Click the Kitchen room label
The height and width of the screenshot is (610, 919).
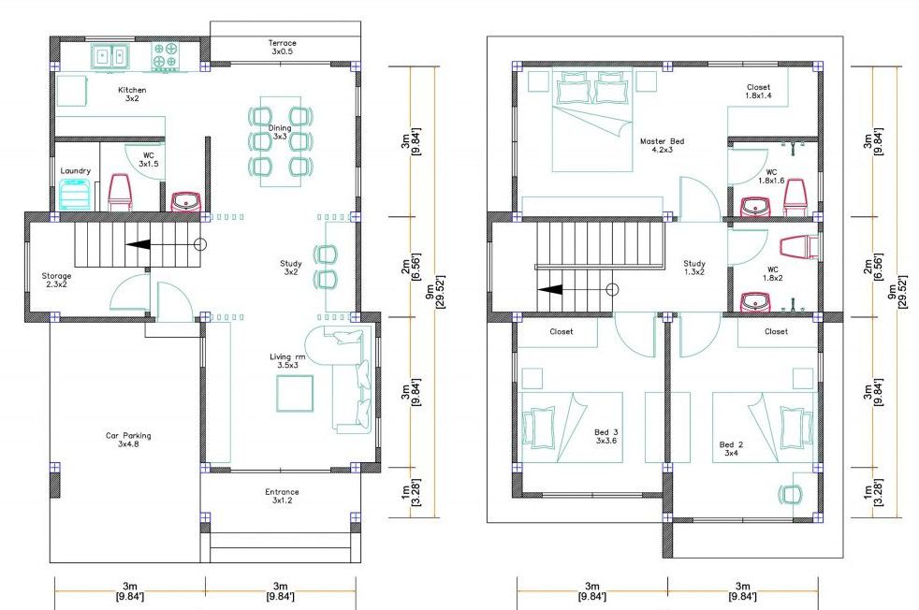[x=132, y=94]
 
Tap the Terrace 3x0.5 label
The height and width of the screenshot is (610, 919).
[x=282, y=47]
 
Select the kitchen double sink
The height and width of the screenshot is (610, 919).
[x=109, y=57]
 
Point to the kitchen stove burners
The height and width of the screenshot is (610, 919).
[x=165, y=56]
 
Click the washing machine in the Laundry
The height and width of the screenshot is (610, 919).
[x=75, y=195]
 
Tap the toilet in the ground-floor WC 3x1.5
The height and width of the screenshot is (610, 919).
[x=120, y=192]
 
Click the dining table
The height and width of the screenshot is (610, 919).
[x=280, y=141]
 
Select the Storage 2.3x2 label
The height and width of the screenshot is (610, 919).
[x=56, y=280]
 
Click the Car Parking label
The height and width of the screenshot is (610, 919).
[x=128, y=440]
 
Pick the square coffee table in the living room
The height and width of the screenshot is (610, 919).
[x=295, y=393]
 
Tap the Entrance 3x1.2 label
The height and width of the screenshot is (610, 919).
[x=282, y=496]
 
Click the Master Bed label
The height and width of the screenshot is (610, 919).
[x=662, y=145]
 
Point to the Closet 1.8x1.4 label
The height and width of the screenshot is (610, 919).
[x=758, y=91]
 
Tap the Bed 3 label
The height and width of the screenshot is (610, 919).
[x=606, y=436]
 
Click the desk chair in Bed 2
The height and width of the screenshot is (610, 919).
[x=791, y=495]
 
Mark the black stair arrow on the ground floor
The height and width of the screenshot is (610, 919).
[x=139, y=244]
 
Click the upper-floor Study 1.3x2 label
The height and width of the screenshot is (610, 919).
[x=694, y=268]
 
